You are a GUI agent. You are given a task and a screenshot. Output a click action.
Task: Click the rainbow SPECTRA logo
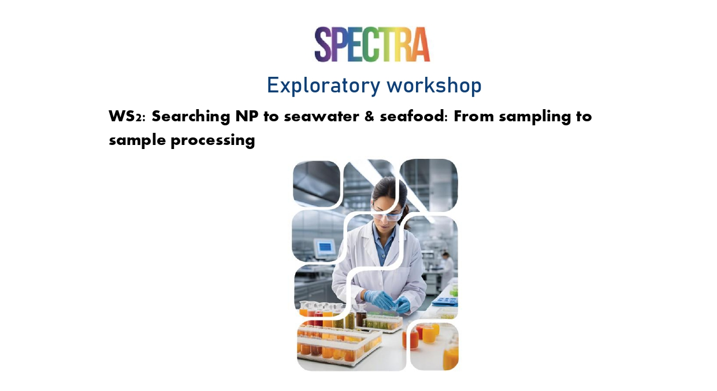[x=372, y=44]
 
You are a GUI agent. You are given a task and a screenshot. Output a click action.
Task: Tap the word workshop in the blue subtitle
[x=434, y=85]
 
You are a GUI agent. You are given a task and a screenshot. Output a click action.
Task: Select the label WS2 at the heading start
[x=127, y=116]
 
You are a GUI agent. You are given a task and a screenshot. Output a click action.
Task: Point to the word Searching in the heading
[x=191, y=117]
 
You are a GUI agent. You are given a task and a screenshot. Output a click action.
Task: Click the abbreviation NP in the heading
[x=247, y=116]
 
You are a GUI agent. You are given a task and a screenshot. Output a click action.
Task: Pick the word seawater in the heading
[x=321, y=117]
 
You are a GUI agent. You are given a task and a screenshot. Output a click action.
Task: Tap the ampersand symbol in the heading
[x=369, y=117]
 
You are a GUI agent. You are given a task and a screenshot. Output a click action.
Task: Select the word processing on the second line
[x=213, y=141]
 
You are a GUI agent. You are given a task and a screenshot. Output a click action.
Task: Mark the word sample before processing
[x=137, y=140]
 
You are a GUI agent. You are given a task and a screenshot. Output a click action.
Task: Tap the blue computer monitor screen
[x=325, y=247]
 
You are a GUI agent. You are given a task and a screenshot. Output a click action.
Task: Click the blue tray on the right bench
[x=445, y=301]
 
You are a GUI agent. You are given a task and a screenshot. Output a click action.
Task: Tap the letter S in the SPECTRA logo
[x=322, y=44]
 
